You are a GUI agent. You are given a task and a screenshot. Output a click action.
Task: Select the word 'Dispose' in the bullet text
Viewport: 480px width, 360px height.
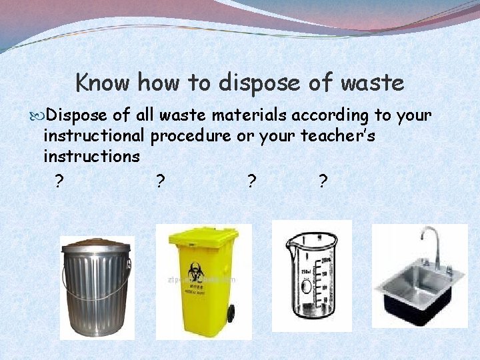[x=79, y=116]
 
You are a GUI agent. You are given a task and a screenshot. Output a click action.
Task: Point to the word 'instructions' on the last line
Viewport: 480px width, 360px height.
[x=91, y=157]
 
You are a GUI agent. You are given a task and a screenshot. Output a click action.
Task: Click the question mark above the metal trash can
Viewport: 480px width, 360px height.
[x=60, y=181]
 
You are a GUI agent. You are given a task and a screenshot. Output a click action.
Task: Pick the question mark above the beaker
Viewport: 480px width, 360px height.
[x=251, y=181]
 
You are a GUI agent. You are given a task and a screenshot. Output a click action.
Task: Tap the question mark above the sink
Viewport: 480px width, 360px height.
[x=323, y=181]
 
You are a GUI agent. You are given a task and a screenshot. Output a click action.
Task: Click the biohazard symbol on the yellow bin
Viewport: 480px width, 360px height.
[x=195, y=271]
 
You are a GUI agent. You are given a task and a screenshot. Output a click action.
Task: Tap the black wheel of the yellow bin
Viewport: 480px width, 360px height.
[x=231, y=312]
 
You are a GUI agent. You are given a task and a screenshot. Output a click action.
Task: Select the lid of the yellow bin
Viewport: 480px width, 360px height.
[x=203, y=235]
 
